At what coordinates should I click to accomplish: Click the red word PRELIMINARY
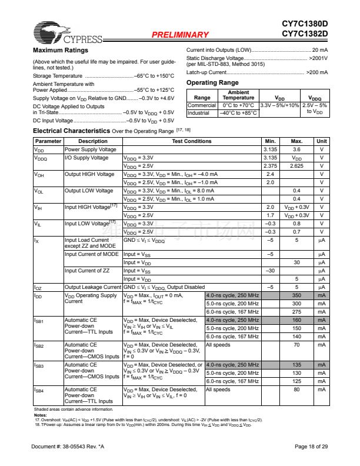click(180, 35)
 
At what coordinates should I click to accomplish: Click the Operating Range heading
click(212, 83)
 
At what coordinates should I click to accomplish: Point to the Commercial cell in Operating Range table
click(202, 105)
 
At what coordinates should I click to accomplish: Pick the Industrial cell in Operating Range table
click(199, 112)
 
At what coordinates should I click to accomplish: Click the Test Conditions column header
click(192, 141)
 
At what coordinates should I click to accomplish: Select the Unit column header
click(322, 141)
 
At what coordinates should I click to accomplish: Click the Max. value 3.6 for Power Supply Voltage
click(296, 149)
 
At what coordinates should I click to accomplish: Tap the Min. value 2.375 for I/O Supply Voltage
click(271, 166)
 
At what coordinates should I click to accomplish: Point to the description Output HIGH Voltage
click(89, 174)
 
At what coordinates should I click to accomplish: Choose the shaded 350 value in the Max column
click(296, 295)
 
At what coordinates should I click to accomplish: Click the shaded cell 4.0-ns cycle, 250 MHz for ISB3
click(232, 365)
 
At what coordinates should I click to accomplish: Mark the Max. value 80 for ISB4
click(296, 390)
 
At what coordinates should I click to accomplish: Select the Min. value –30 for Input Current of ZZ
click(271, 271)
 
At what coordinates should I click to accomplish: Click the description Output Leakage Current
click(92, 287)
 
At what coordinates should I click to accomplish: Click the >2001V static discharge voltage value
click(318, 59)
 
